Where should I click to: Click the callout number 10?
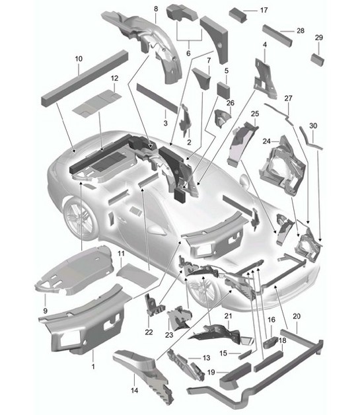point(78,59)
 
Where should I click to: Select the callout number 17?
point(264,11)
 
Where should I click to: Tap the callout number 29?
point(319,38)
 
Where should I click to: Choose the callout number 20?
point(296,316)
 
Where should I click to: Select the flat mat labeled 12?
point(95,100)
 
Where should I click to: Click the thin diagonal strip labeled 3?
point(157,96)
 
